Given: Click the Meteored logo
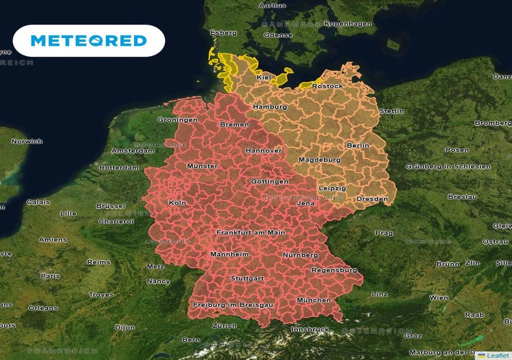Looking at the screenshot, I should coord(88,40).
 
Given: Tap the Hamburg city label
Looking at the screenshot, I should coord(270,107).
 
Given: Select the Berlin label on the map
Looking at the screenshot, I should coord(357,145).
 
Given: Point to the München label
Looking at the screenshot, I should coord(313,300).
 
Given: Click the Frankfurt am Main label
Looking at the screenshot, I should coord(250,232).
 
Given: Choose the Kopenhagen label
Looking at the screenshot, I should coord(348,23).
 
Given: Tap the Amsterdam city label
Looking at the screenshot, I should coord(132,150).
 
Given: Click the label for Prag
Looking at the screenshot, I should coord(383,233).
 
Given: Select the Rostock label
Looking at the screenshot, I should coord(327,86).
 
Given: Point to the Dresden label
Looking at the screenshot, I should coord(372,199).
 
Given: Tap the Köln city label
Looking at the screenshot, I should coord(177,203).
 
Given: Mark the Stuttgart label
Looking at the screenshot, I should coord(247,278).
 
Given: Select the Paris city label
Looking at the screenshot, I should coord(50,275).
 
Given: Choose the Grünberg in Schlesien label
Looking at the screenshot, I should coord(448,166).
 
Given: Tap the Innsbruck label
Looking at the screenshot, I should coord(310,329).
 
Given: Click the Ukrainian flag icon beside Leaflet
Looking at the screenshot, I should coord(481,355).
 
